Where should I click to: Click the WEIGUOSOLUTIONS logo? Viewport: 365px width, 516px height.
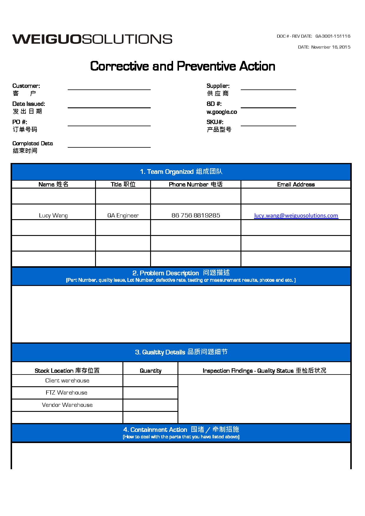92,39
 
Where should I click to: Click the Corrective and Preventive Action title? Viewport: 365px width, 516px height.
182,66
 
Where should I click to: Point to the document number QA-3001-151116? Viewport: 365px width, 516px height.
333,36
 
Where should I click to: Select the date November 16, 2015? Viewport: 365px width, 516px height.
331,47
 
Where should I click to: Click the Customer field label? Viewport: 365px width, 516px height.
26,86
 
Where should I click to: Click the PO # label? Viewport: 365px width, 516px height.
20,122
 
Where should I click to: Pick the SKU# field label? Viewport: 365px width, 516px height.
215,122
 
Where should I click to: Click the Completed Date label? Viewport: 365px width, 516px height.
33,144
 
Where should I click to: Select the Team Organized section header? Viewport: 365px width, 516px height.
181,172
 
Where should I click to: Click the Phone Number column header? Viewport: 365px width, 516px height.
195,184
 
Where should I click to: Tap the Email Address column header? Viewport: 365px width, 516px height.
296,184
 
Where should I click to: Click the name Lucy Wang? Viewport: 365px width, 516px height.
53,216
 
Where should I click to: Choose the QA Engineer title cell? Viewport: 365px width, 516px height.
123,216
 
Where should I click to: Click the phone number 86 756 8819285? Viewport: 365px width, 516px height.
196,215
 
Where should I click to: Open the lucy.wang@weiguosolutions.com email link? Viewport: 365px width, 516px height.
296,216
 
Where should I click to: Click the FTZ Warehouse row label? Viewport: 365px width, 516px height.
67,393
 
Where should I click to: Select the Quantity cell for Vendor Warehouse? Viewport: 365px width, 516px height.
150,405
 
